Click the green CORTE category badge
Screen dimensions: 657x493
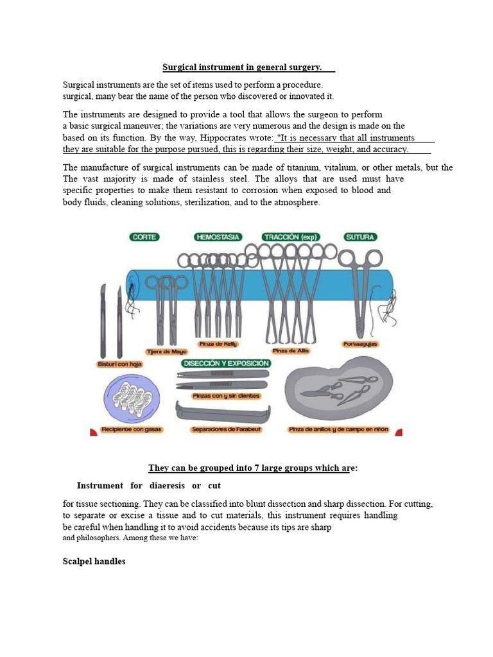click(144, 237)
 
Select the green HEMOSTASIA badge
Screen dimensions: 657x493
click(218, 237)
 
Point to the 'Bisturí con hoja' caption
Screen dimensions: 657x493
click(119, 364)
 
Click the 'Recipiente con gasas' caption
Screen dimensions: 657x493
click(129, 429)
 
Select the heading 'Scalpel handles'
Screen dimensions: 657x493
click(94, 561)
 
